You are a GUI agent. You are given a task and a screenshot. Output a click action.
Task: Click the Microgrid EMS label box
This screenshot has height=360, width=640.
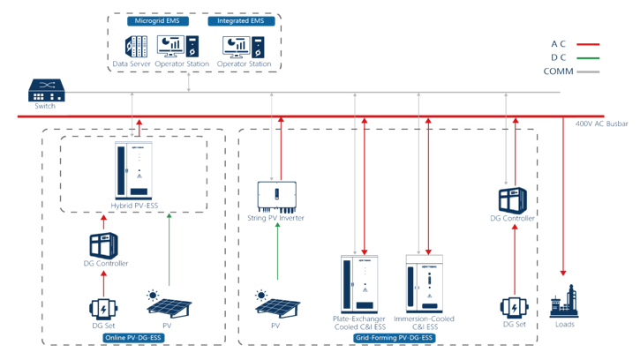click(154, 20)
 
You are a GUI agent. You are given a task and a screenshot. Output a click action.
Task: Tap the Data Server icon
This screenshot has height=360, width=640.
click(132, 46)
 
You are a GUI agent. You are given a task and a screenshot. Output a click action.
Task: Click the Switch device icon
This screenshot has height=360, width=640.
click(43, 89)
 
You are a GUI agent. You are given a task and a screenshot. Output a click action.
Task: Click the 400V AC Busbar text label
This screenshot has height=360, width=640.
click(601, 124)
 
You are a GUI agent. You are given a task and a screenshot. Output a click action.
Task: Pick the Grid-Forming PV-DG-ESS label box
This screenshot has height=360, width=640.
click(392, 337)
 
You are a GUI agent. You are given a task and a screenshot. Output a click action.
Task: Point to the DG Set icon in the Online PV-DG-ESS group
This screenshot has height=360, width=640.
click(103, 308)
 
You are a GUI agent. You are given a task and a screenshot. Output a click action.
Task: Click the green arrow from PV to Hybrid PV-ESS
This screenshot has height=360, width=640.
click(169, 251)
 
